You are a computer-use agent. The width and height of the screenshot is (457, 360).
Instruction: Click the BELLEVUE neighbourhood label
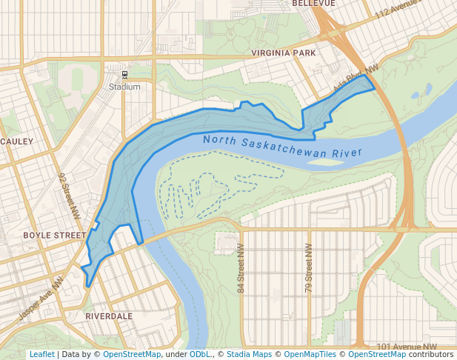[313, 4]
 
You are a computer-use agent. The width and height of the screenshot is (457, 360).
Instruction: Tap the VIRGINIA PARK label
[283, 53]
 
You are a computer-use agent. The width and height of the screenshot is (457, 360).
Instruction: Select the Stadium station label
[124, 87]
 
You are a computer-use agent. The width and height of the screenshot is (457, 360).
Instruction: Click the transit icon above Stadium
[124, 75]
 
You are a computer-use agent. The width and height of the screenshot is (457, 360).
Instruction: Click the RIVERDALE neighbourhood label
[109, 316]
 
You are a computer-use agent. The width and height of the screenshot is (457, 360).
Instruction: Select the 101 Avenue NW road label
[407, 347]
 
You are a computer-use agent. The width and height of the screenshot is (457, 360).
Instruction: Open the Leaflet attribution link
[41, 355]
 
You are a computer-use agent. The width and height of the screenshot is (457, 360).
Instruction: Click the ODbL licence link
[199, 355]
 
